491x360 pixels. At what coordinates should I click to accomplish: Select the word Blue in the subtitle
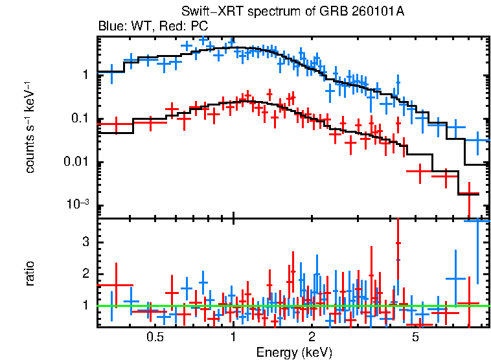click(x=109, y=27)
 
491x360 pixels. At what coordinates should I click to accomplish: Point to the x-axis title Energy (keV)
click(x=294, y=352)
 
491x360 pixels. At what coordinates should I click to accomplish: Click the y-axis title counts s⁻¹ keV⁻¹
click(x=30, y=127)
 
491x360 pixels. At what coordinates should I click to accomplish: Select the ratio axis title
click(x=30, y=273)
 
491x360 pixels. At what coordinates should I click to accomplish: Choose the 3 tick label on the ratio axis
click(x=84, y=242)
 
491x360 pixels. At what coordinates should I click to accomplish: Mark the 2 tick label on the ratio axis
click(x=84, y=273)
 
